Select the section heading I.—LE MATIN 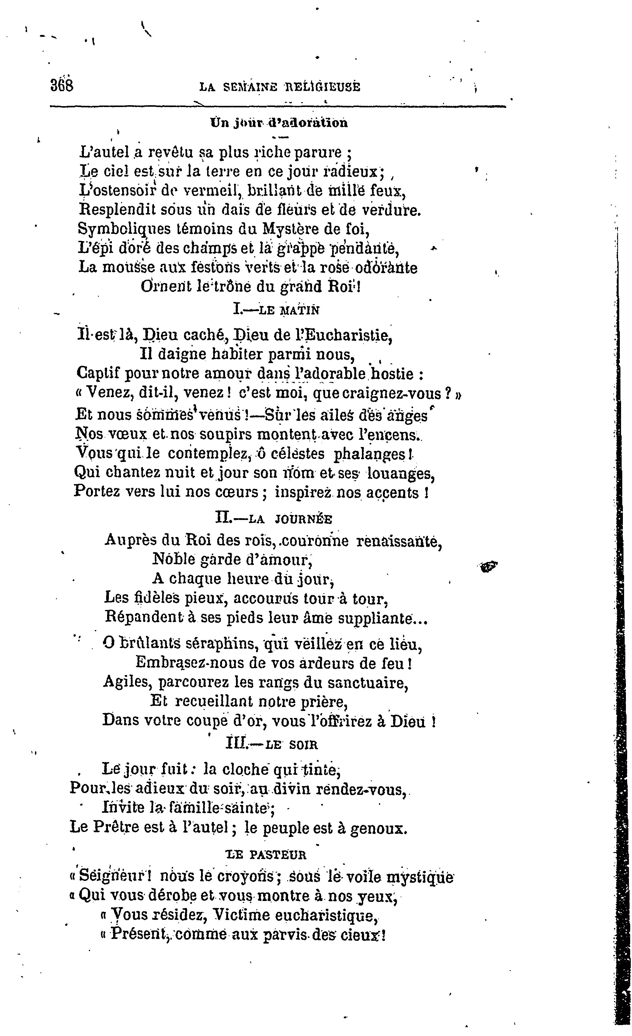click(276, 310)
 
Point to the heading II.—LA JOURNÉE click(274, 519)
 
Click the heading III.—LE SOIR click(272, 744)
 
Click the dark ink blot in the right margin click(489, 567)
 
